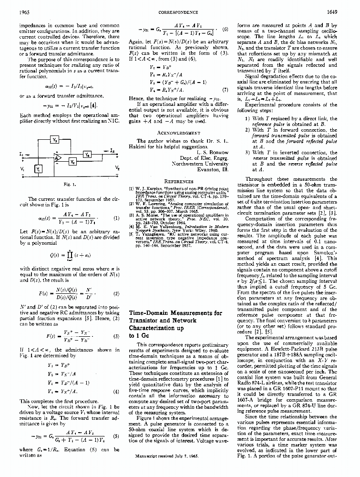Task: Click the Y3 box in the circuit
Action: click(x=55, y=141)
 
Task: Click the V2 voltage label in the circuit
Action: click(x=117, y=168)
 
